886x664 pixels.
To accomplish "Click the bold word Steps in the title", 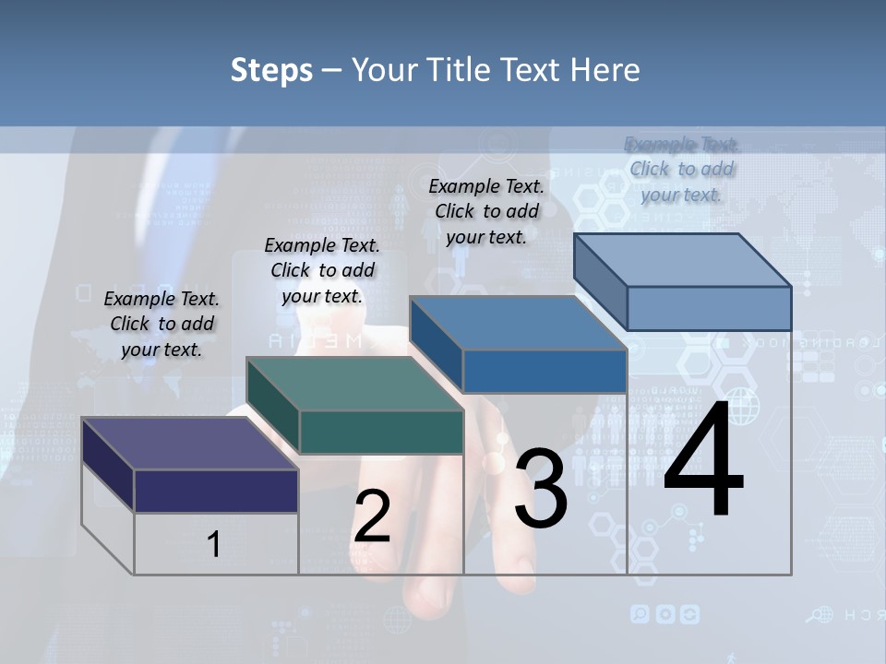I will pos(271,70).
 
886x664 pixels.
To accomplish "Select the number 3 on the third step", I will pos(541,489).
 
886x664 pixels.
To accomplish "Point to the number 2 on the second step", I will pos(372,516).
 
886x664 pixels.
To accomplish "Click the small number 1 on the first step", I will pos(214,544).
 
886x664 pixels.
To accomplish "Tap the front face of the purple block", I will pos(216,491).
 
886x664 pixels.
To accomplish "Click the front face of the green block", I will pos(381,432).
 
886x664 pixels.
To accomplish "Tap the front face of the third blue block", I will pos(545,371).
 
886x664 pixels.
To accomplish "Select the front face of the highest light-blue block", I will pos(709,308).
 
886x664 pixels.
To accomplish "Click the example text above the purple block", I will pos(162,324).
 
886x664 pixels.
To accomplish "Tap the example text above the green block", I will pos(322,270).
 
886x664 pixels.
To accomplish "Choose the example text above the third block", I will pos(486,211).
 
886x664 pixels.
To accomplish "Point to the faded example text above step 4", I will pos(682,169).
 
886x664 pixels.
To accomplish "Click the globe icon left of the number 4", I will pos(743,407).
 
